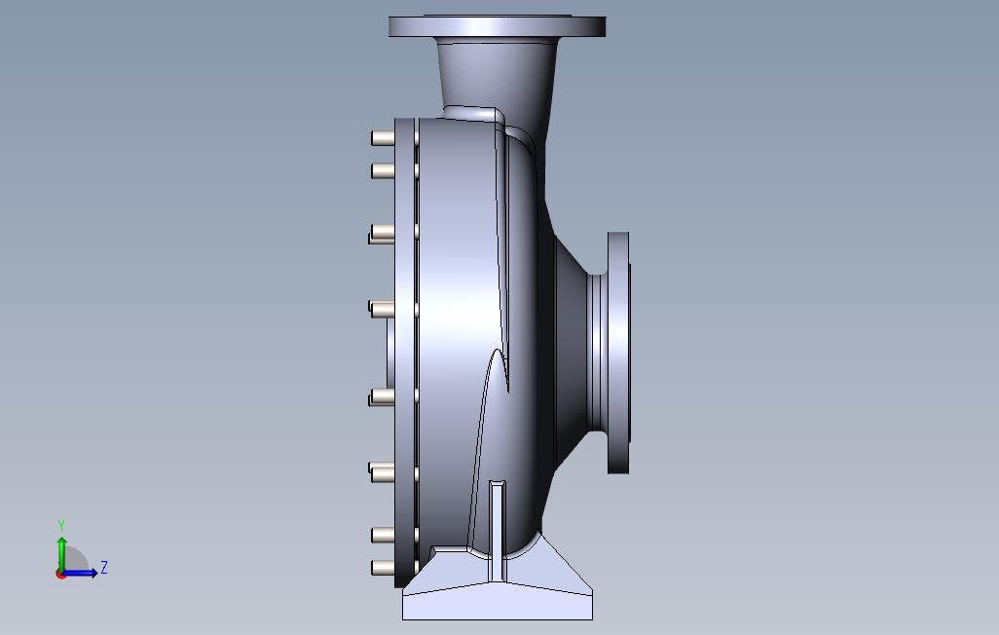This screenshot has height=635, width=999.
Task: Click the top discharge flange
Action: (x=497, y=26)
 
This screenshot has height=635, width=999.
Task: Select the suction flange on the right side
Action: (x=618, y=353)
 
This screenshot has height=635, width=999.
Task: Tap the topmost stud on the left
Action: (x=382, y=139)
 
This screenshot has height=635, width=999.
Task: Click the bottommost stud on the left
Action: (x=382, y=567)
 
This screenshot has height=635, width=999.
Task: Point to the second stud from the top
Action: (x=382, y=172)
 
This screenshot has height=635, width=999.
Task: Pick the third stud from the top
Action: (x=381, y=233)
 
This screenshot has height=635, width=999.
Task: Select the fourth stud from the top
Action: (x=381, y=309)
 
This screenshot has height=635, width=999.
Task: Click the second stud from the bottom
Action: (x=382, y=535)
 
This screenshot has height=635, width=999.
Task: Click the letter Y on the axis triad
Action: (x=61, y=526)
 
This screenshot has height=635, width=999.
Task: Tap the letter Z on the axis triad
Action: (x=104, y=568)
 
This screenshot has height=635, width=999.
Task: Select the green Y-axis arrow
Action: (x=61, y=551)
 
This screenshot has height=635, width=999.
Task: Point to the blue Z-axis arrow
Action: (x=83, y=573)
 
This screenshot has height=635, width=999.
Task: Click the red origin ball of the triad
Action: (x=60, y=574)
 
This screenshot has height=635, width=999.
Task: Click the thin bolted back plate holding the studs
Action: (x=404, y=353)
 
